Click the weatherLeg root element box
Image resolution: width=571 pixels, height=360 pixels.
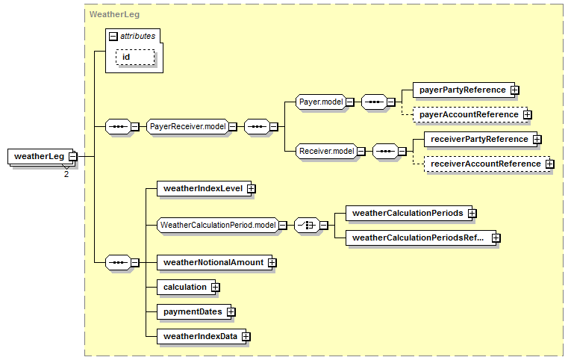(x=43, y=157)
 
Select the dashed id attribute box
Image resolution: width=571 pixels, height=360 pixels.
(x=135, y=58)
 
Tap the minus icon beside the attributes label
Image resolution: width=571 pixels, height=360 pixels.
(x=113, y=37)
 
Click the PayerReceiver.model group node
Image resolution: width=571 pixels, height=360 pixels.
(x=188, y=127)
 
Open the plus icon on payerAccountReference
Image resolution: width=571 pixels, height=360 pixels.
(x=527, y=115)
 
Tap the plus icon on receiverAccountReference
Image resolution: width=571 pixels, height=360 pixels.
(x=550, y=164)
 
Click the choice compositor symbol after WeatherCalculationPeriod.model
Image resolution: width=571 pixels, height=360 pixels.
(x=307, y=225)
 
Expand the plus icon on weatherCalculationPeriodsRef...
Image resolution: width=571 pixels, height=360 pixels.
(x=496, y=238)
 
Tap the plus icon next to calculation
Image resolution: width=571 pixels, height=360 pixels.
(x=216, y=287)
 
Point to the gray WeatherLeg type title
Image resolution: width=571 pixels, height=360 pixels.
(x=114, y=15)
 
